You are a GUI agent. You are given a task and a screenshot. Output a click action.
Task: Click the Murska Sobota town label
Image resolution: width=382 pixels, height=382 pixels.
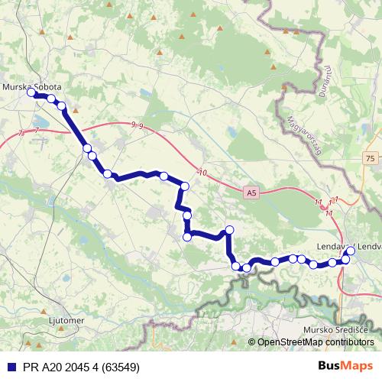[x=31, y=87]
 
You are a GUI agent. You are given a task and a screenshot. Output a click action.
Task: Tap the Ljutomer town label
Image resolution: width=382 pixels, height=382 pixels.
[x=65, y=321]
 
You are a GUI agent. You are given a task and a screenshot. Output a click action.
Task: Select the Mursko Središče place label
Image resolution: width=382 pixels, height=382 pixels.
[x=335, y=329]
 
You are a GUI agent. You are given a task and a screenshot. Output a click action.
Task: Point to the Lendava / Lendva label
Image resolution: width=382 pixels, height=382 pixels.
[x=348, y=246]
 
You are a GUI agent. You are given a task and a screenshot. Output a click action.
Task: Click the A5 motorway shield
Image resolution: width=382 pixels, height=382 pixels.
[x=253, y=194]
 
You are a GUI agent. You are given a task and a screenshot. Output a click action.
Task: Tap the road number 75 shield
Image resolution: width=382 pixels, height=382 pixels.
[x=370, y=157]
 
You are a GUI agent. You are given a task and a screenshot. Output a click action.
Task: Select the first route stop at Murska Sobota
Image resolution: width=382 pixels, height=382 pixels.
[x=31, y=94]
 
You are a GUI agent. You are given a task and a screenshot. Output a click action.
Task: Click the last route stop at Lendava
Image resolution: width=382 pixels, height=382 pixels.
[x=351, y=251]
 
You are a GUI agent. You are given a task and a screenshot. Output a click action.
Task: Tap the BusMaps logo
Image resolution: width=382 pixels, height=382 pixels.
[x=346, y=366]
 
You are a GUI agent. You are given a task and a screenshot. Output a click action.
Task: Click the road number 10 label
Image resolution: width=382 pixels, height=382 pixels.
[x=202, y=173]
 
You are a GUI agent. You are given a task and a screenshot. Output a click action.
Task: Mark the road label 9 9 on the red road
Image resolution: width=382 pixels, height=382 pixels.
[x=137, y=125]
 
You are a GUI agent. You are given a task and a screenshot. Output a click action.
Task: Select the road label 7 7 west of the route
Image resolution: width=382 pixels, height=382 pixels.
[x=28, y=132]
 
